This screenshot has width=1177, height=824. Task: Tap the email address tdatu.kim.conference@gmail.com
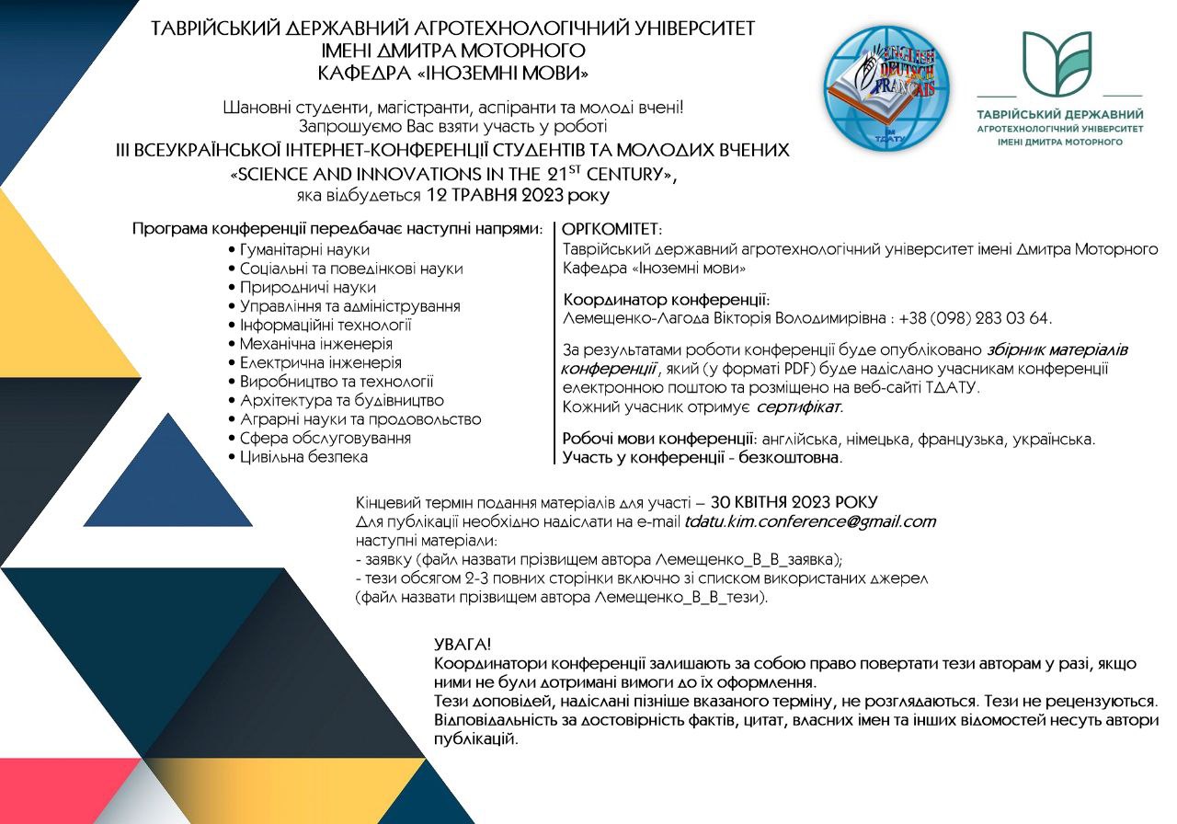pyautogui.click(x=809, y=521)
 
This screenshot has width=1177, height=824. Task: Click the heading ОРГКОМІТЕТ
pyautogui.click(x=611, y=228)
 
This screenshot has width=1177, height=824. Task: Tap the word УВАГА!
pyautogui.click(x=463, y=644)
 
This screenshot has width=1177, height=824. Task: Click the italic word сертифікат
pyautogui.click(x=798, y=406)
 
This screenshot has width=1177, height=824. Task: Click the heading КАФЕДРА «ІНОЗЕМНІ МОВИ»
pyautogui.click(x=452, y=71)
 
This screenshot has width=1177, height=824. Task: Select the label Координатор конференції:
pyautogui.click(x=666, y=300)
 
